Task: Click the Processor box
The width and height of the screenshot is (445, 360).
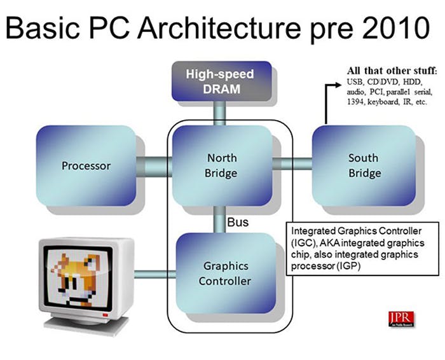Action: (x=86, y=166)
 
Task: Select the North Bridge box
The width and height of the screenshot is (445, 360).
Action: (x=222, y=165)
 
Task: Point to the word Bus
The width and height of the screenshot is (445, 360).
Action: (x=238, y=223)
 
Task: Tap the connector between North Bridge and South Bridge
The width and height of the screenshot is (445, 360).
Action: (x=292, y=164)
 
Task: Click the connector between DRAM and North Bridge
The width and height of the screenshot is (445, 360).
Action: (x=219, y=114)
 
